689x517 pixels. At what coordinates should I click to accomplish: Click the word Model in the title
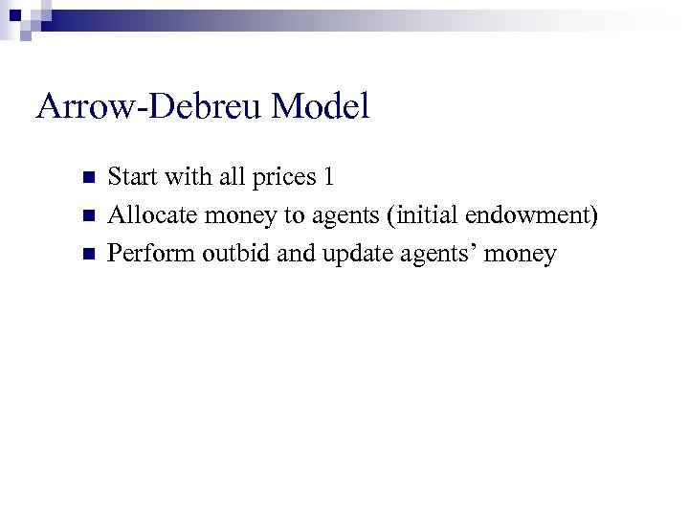pos(321,107)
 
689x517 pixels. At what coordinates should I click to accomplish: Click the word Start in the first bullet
pos(132,177)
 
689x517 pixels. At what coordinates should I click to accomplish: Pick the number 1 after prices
pos(328,177)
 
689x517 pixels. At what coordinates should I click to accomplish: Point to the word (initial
pos(422,215)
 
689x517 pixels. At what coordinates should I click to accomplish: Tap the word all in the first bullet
pos(233,177)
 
